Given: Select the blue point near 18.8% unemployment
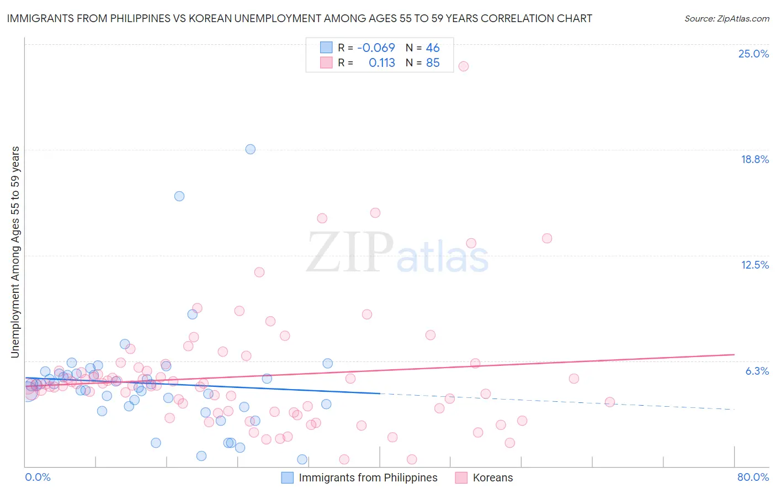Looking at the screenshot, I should pos(250,149).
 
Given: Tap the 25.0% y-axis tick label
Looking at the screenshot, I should pos(753,54).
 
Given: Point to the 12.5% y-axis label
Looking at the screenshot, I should pos(754,265).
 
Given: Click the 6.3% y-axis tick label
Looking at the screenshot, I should pos(757,371).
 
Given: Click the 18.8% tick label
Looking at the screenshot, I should pos(754,159).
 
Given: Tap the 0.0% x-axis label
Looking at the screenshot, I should pos(38,477).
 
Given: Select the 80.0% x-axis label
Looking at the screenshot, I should pos(753,477).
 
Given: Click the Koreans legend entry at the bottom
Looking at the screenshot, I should pos(492,478).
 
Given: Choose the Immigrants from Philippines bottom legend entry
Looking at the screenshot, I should pos(368,478).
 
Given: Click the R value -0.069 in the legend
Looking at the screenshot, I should pos(376,48).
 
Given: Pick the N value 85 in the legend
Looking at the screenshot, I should pos(433,63).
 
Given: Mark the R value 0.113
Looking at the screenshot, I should pos(381,63).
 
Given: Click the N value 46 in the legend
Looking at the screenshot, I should pos(433,48).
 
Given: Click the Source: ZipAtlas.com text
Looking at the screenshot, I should pos(726,18).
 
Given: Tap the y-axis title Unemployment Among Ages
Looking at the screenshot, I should pos(15,252).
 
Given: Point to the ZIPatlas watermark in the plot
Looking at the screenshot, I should pos(397,253).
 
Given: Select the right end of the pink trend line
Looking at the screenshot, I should pos(734,354).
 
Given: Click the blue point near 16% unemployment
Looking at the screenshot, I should pos(179,196).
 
